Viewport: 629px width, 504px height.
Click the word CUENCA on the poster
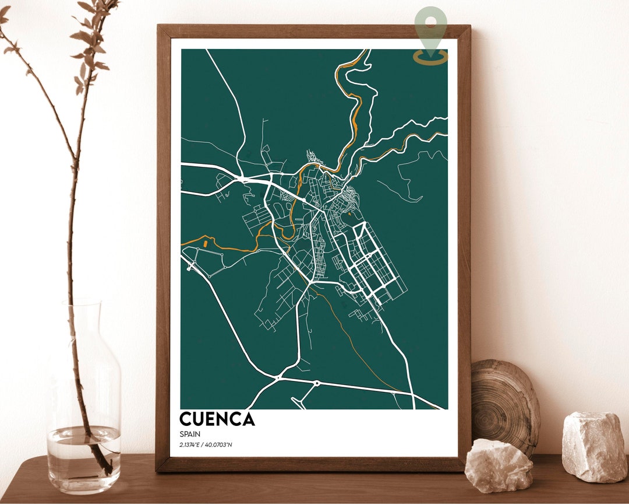pos(217,419)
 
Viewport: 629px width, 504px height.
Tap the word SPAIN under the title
pos(189,434)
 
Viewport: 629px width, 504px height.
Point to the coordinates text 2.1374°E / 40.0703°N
pos(210,446)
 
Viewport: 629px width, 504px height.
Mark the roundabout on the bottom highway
pos(317,383)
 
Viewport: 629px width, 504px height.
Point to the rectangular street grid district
pos(370,262)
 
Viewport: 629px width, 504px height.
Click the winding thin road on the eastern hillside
pos(408,181)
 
